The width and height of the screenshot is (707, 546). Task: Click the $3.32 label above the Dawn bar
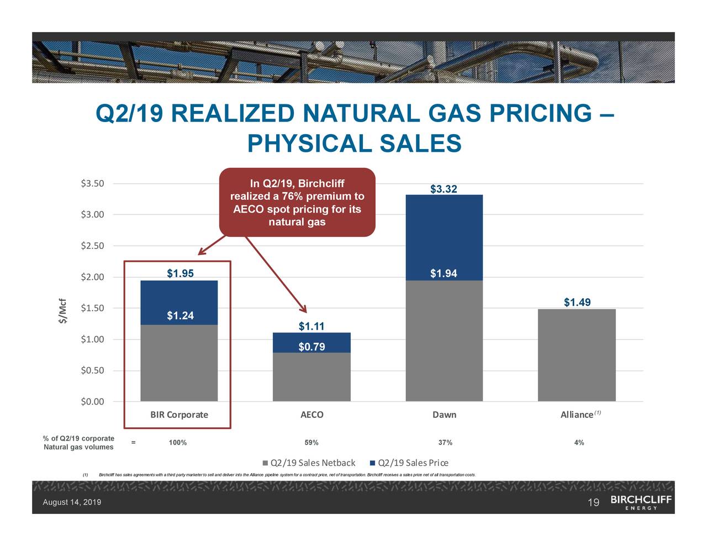444,189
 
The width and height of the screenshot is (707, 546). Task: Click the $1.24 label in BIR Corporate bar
180,316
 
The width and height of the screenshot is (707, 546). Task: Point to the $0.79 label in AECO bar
312,347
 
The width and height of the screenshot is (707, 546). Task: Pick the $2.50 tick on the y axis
92,246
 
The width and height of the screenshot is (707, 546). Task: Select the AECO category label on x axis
312,415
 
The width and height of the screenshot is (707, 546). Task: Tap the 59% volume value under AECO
312,443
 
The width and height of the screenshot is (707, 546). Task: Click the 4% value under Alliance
578,443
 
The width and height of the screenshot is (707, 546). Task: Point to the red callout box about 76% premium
297,202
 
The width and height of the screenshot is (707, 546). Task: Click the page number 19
593,502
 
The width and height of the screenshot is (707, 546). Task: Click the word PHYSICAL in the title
310,144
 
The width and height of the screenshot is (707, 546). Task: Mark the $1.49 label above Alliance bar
577,302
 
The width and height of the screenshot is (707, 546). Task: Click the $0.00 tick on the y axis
92,401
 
